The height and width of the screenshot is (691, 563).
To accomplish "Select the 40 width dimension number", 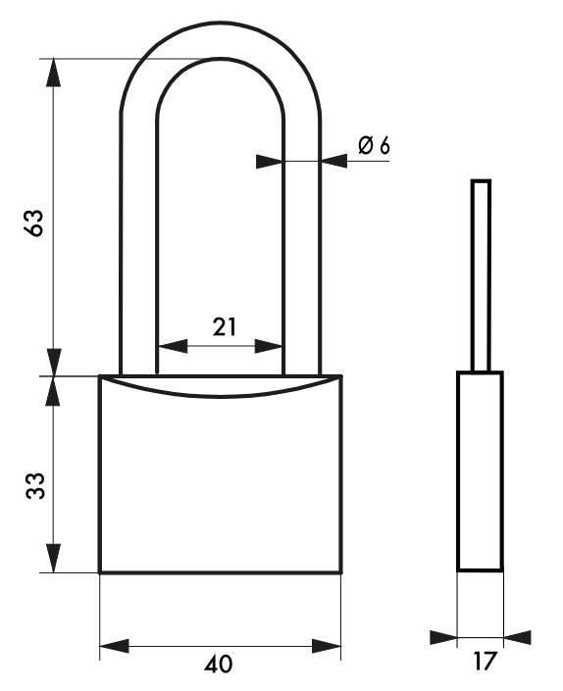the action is coord(221,665).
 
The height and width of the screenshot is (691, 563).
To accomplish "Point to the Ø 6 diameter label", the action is coord(374,146).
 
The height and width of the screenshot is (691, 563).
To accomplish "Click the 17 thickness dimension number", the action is coord(484,662).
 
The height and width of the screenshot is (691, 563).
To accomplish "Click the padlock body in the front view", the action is coord(221,480).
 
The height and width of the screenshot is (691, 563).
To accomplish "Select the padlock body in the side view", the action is coord(481,470).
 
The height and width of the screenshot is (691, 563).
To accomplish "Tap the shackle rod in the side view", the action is coord(480,274).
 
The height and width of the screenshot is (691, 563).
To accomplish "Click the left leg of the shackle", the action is coord(138,245).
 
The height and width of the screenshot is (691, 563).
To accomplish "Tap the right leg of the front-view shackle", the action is coord(302,245).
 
